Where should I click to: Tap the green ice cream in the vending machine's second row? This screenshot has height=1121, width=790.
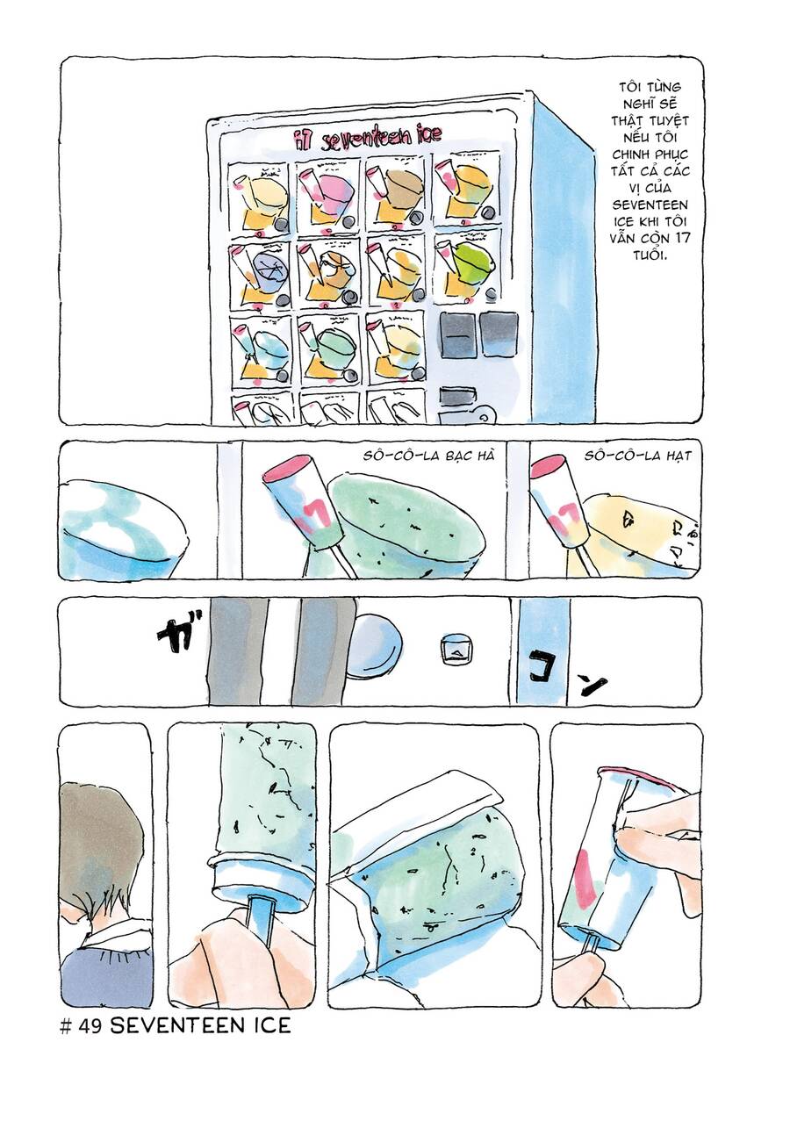coord(472,262)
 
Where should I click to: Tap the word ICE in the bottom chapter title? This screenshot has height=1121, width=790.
coord(269,1024)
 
